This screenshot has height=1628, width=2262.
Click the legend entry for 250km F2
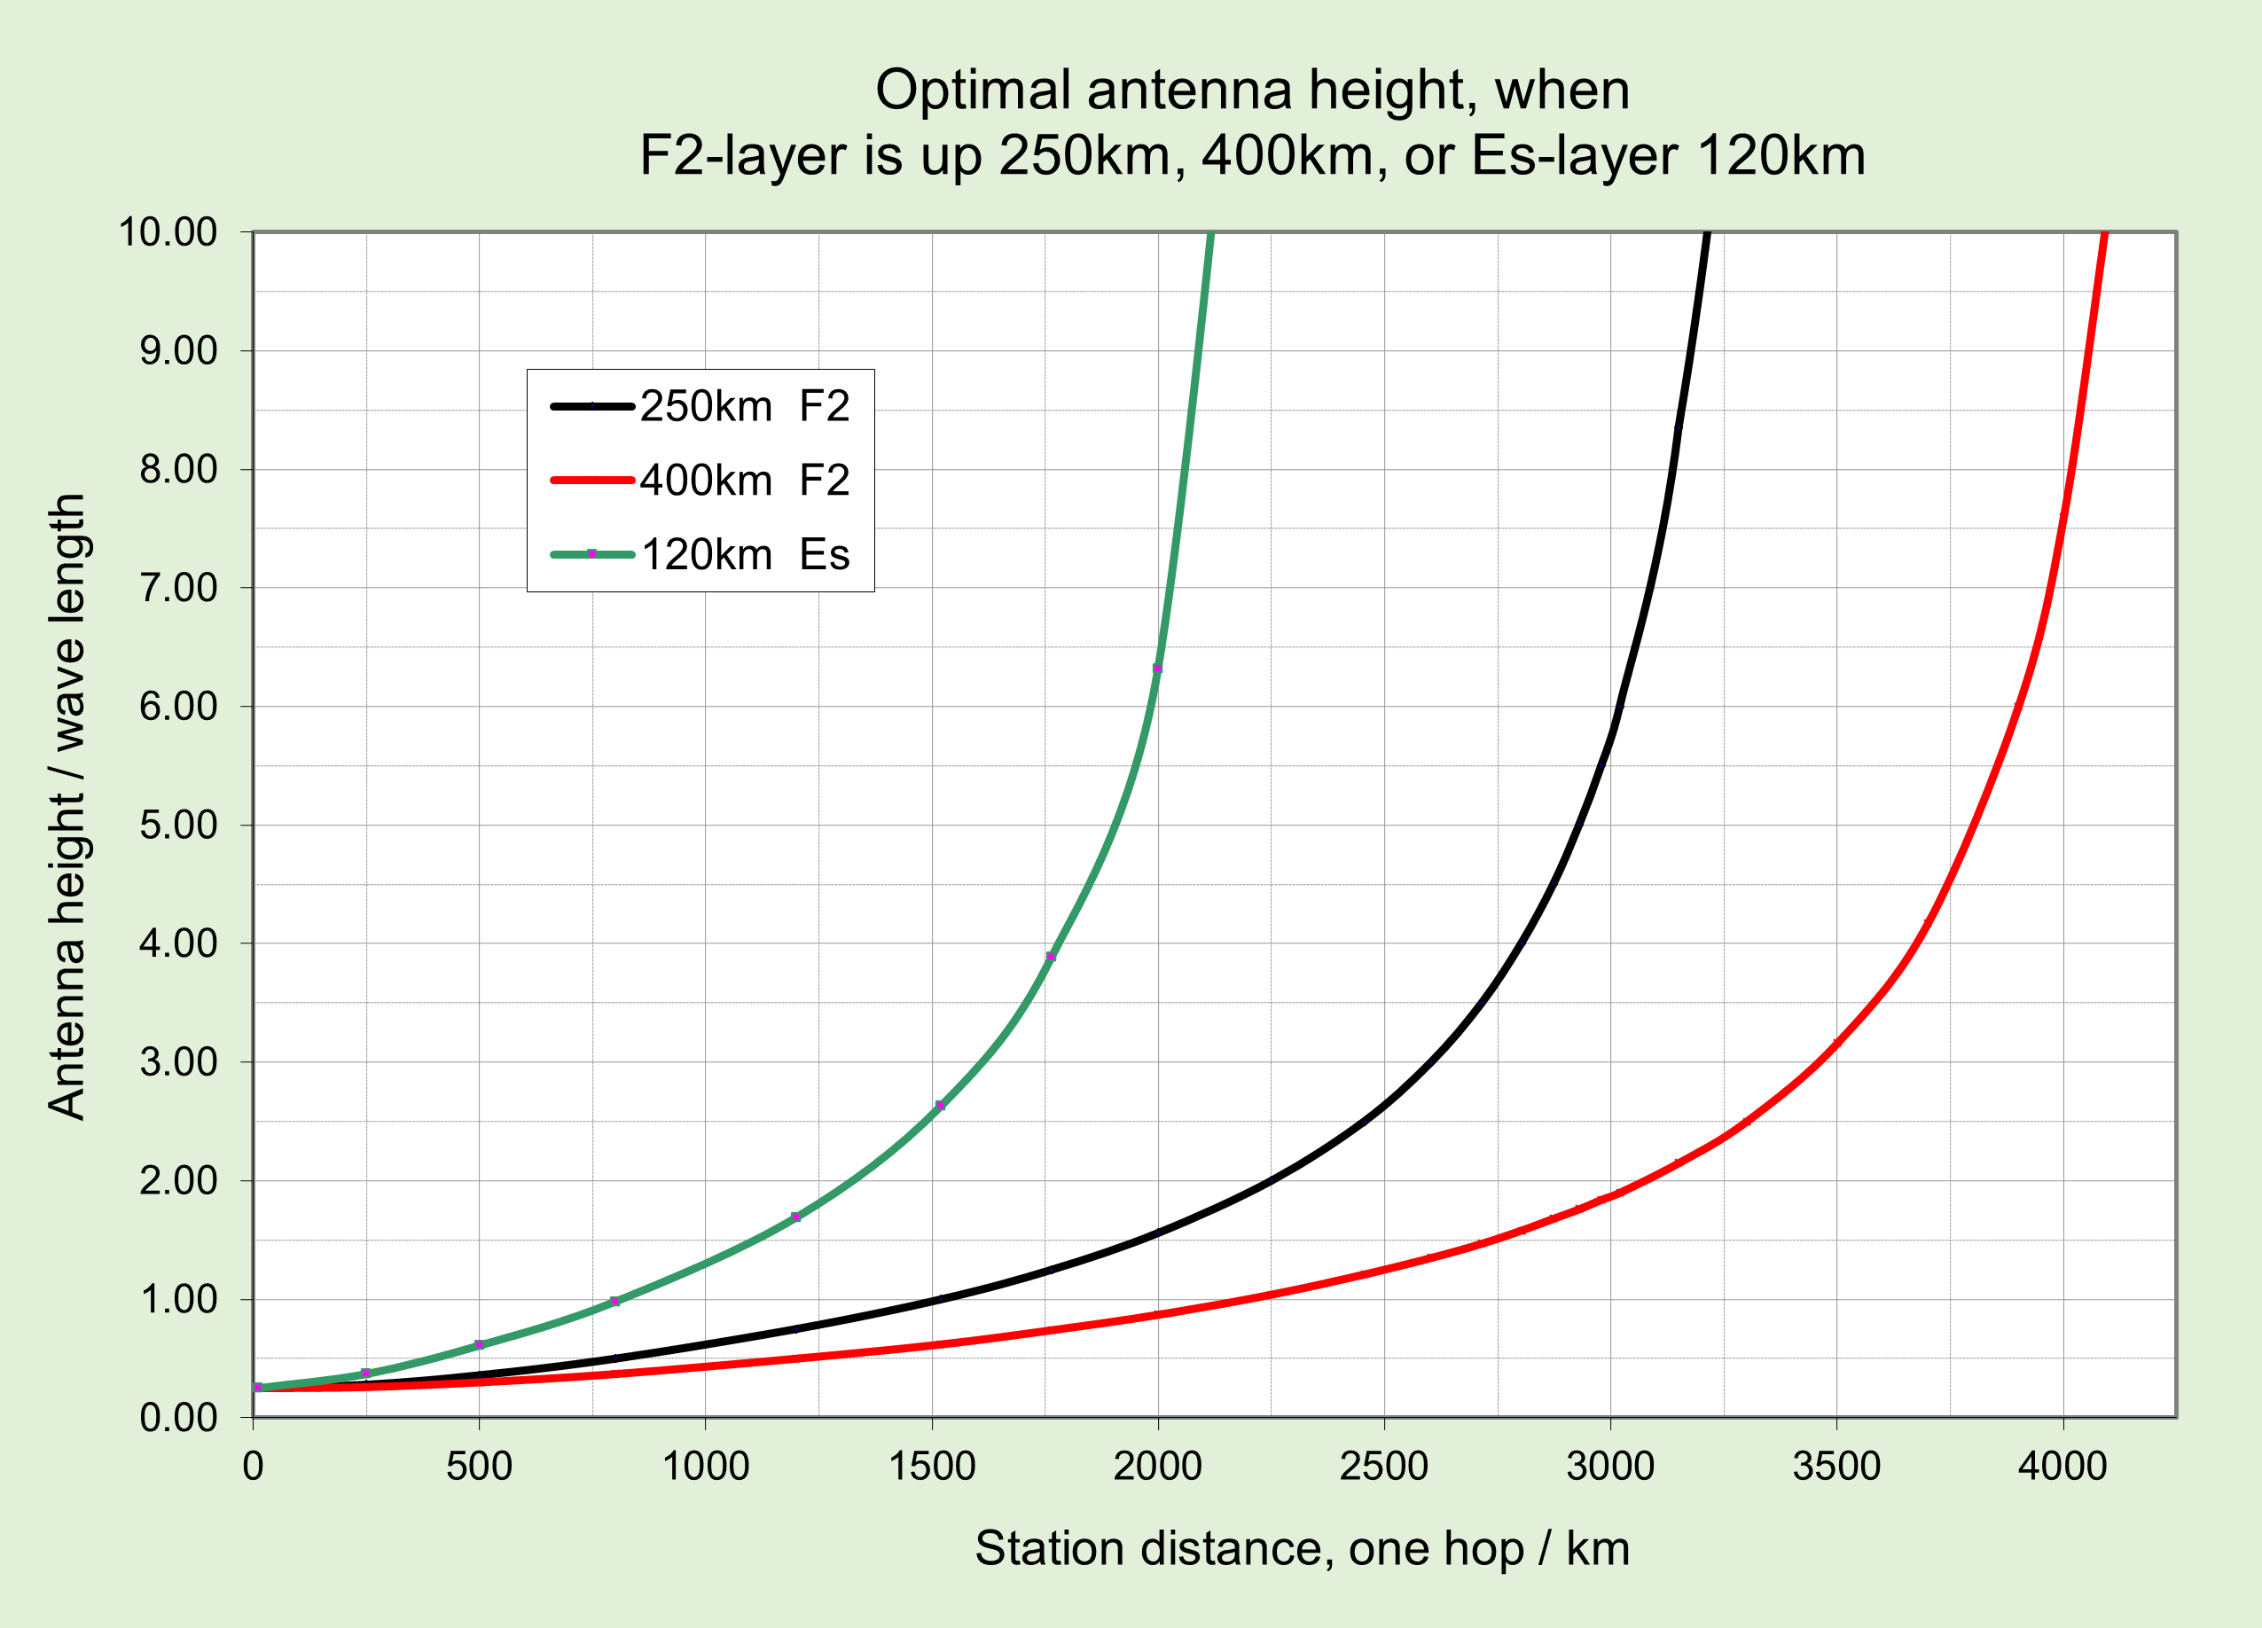click(x=744, y=407)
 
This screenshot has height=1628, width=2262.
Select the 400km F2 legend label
click(x=744, y=481)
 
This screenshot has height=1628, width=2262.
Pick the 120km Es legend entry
click(x=744, y=555)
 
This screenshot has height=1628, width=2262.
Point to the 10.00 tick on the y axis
click(x=168, y=232)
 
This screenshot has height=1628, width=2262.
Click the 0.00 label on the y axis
click(x=177, y=1418)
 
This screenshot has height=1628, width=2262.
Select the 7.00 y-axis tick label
click(x=177, y=589)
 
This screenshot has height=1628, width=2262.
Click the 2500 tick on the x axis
click(x=1383, y=1467)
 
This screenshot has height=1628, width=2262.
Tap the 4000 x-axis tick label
click(x=2062, y=1467)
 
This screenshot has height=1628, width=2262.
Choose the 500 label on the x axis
click(x=479, y=1467)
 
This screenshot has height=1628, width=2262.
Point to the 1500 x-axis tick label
click(x=932, y=1467)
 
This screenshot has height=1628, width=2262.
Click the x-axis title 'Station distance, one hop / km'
click(x=1302, y=1549)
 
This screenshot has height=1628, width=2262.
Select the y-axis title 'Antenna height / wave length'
click(x=67, y=806)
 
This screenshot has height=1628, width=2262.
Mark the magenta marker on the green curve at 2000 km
click(x=1157, y=669)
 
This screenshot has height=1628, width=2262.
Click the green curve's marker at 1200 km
click(x=794, y=1217)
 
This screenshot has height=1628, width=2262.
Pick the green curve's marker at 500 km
click(x=479, y=1344)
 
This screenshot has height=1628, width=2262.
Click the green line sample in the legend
click(x=591, y=553)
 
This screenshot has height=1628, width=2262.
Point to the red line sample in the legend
click(x=591, y=481)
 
